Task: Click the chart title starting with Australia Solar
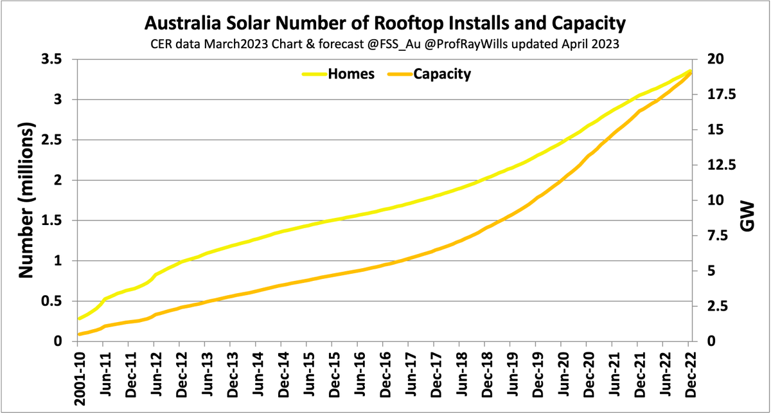[385, 24]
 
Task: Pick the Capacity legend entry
[441, 74]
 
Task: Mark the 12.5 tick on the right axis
[721, 165]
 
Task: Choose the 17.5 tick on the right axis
[721, 94]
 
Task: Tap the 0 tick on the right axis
[710, 341]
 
